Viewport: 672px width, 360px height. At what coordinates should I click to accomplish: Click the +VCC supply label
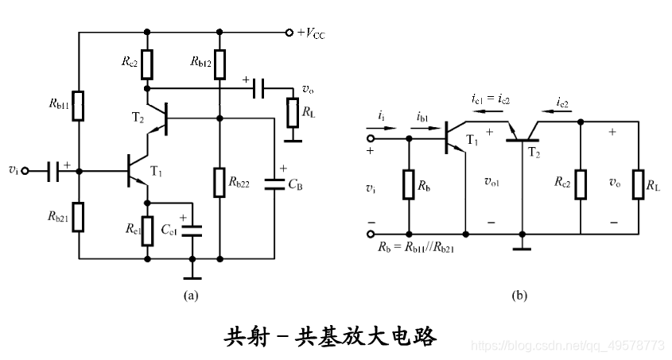311,33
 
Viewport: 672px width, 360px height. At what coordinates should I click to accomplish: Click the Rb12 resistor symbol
219,60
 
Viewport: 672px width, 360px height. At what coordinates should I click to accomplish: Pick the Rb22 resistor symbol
219,182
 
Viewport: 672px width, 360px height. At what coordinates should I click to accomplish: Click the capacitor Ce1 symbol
192,230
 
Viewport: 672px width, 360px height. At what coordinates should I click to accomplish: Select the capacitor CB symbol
275,184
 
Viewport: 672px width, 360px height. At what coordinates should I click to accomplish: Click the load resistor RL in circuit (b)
639,184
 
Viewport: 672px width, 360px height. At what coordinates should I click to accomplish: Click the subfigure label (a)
191,296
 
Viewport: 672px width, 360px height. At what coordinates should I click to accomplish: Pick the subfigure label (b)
519,296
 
